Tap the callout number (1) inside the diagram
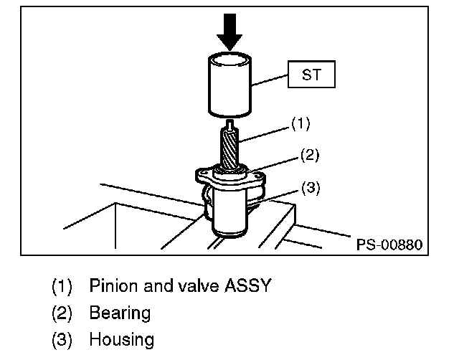click(x=299, y=123)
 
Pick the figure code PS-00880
click(x=387, y=245)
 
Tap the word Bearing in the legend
click(x=120, y=313)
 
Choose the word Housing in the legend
click(x=121, y=339)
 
